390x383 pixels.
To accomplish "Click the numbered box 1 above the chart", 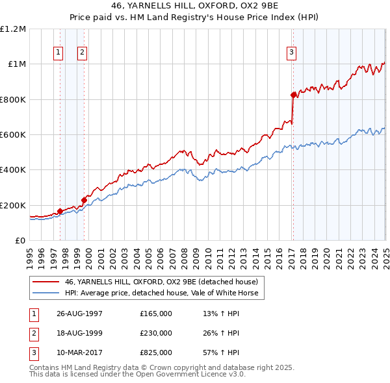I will pyautogui.click(x=58, y=53).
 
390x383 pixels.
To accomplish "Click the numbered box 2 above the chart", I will pyautogui.click(x=83, y=53).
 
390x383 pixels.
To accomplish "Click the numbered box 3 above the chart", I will pyautogui.click(x=292, y=53).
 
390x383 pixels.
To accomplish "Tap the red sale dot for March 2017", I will pyautogui.click(x=293, y=95).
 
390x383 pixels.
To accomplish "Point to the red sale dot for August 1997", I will pyautogui.click(x=60, y=211).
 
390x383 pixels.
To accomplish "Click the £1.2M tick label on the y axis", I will pyautogui.click(x=13, y=29).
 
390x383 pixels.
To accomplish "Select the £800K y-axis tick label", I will pyautogui.click(x=13, y=100).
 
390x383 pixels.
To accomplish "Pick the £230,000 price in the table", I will pyautogui.click(x=156, y=333).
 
